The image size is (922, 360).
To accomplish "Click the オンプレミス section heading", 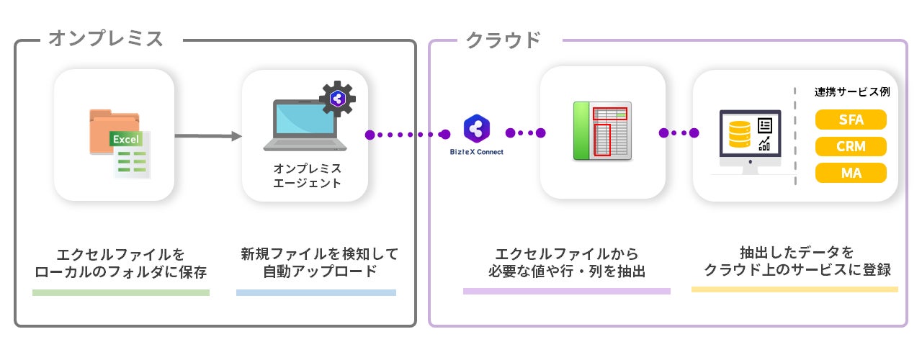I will pyautogui.click(x=106, y=39).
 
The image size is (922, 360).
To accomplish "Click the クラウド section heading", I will pyautogui.click(x=503, y=40).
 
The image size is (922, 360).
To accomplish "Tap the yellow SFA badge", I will pyautogui.click(x=851, y=120).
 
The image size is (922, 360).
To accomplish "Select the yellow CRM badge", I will pyautogui.click(x=851, y=146).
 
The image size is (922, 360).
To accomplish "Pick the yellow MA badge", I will pyautogui.click(x=851, y=173).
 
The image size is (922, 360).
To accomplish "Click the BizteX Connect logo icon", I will pyautogui.click(x=476, y=130).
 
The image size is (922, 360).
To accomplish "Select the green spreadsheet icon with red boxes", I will pyautogui.click(x=602, y=131).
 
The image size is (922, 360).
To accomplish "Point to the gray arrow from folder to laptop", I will pyautogui.click(x=207, y=135).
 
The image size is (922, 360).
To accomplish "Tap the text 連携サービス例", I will pyautogui.click(x=851, y=93).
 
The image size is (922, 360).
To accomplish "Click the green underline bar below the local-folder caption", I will pyautogui.click(x=121, y=292).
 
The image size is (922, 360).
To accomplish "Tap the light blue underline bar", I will pyautogui.click(x=316, y=292).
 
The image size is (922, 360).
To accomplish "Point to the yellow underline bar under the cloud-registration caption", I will pyautogui.click(x=795, y=289).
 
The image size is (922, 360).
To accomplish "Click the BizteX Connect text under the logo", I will pyautogui.click(x=476, y=152).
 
